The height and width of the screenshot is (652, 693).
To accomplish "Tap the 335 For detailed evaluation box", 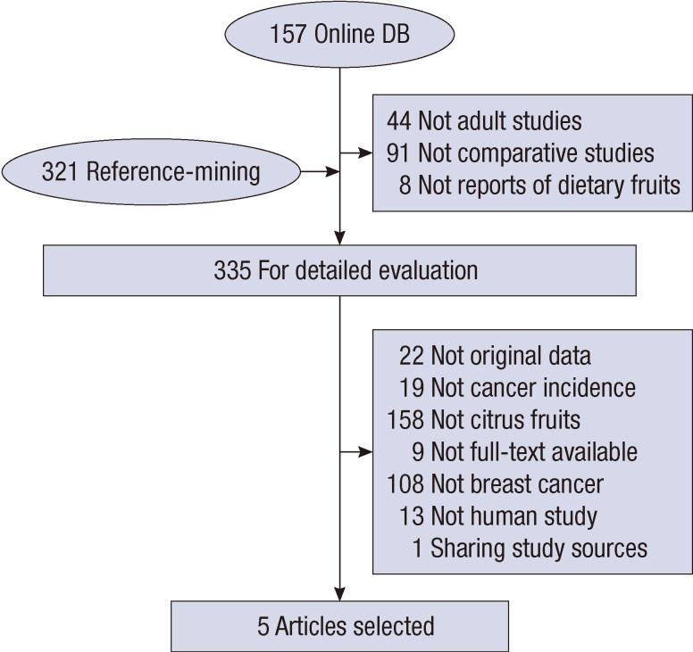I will click(339, 270).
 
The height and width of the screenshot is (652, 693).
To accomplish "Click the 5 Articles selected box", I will click(339, 625).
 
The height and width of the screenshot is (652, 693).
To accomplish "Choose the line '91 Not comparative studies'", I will click(521, 153).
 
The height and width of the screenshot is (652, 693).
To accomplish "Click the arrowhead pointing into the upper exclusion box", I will click(366, 153).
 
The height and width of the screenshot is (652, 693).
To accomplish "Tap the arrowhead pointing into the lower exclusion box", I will click(366, 451).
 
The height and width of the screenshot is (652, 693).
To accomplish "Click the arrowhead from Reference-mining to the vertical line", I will click(332, 170).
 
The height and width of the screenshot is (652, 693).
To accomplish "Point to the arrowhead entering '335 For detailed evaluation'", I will click(340, 238).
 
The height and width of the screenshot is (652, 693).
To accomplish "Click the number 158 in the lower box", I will click(405, 419).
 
